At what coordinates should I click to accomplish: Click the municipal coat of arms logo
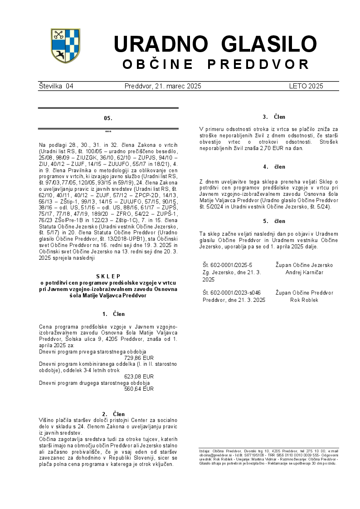65,46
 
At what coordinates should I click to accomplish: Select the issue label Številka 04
56,86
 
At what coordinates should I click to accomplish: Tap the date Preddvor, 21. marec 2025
163,86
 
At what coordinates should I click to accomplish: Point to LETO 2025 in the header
306,86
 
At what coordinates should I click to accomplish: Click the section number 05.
108,118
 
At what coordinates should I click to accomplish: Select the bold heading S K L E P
108,276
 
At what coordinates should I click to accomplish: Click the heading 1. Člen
113,314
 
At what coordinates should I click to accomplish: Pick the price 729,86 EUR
139,358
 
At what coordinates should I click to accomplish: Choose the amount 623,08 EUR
139,376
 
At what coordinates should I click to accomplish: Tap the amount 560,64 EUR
139,388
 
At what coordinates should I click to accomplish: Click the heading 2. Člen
113,414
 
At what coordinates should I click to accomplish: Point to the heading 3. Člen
274,117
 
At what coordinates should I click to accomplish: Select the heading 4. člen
274,167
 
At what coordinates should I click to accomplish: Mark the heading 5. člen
274,221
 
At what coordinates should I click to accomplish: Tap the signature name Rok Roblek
304,300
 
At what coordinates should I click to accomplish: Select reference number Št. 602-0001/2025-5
227,265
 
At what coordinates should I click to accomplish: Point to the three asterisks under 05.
108,131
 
